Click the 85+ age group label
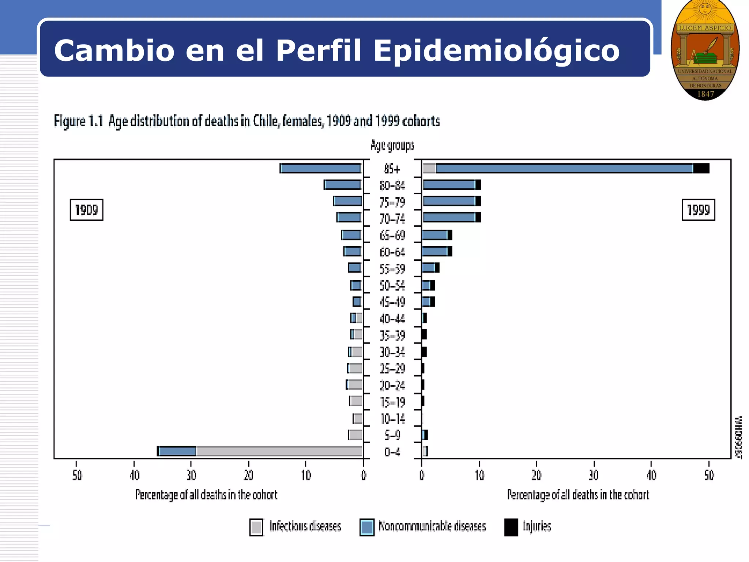pyautogui.click(x=392, y=169)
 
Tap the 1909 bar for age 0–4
pyautogui.click(x=260, y=451)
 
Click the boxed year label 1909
pyautogui.click(x=86, y=210)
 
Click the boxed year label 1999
pyautogui.click(x=698, y=210)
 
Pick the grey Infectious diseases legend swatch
pyautogui.click(x=256, y=527)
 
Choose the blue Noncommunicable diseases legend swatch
pyautogui.click(x=367, y=527)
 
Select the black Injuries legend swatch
pyautogui.click(x=511, y=527)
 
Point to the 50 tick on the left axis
pyautogui.click(x=77, y=475)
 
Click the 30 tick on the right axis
pyautogui.click(x=594, y=475)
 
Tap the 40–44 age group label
pyautogui.click(x=392, y=319)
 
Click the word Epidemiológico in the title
pyautogui.click(x=496, y=50)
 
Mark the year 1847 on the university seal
pyautogui.click(x=705, y=94)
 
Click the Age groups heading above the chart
pyautogui.click(x=392, y=145)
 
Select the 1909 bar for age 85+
pyautogui.click(x=321, y=168)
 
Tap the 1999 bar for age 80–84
pyautogui.click(x=452, y=185)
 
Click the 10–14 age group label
pyautogui.click(x=392, y=419)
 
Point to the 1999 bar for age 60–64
pyautogui.click(x=437, y=251)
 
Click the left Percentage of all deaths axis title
pyautogui.click(x=206, y=495)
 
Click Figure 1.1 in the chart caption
pyautogui.click(x=78, y=121)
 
